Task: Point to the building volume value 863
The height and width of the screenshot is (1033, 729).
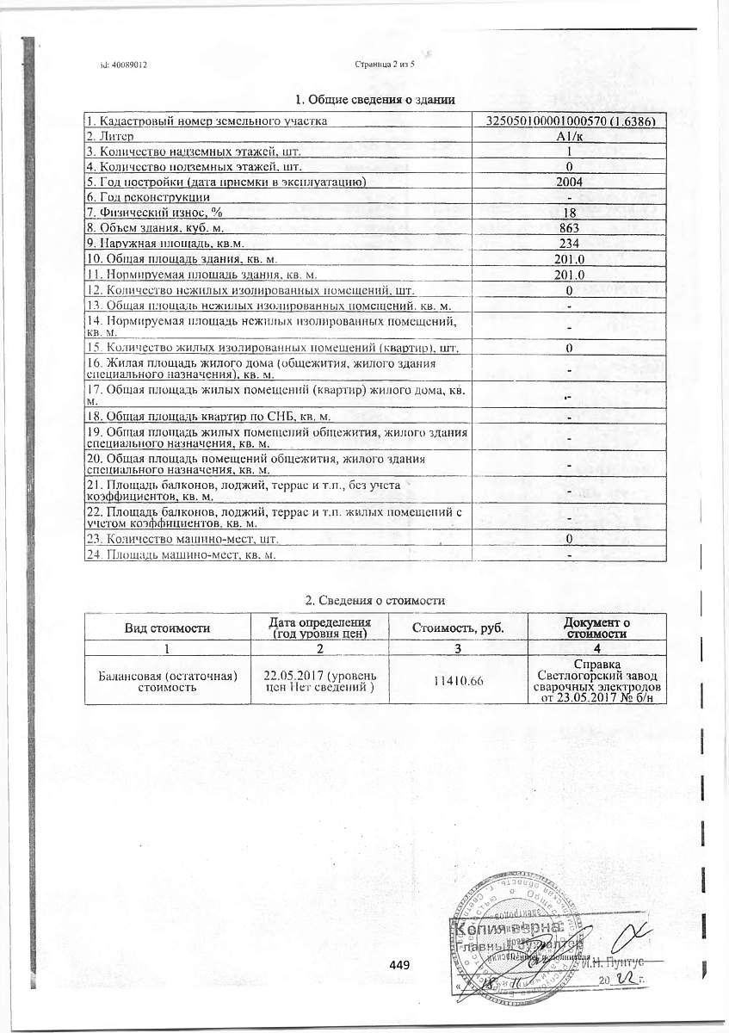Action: [x=569, y=228]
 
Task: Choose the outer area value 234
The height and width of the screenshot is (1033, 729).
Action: [x=569, y=244]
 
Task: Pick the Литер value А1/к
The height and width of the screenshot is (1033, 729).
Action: [x=569, y=137]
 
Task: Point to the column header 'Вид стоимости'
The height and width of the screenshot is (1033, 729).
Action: [x=168, y=628]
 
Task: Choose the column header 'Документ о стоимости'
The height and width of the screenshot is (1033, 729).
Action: [x=596, y=628]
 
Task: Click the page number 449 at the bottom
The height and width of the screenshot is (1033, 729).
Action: [x=398, y=964]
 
